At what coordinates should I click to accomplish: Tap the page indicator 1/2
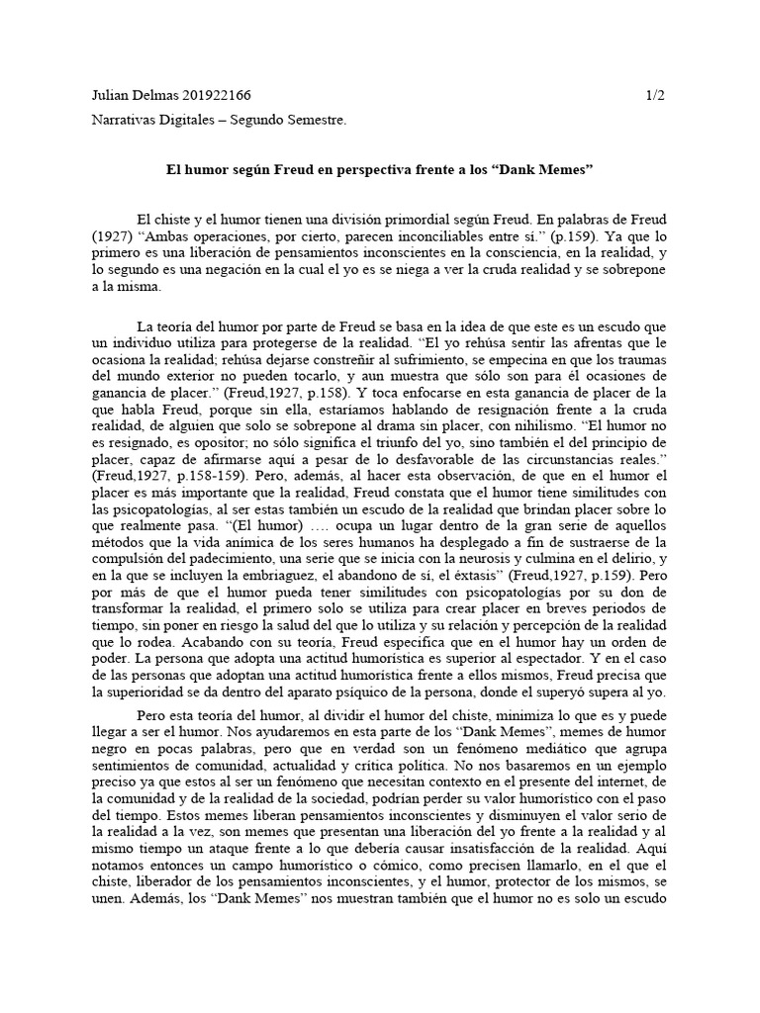pos(654,96)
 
